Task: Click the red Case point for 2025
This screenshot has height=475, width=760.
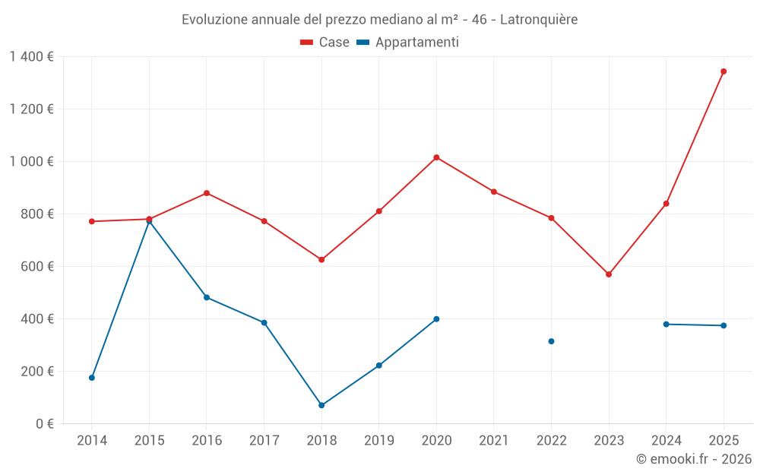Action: (724, 71)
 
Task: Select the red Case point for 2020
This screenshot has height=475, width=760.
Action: (436, 157)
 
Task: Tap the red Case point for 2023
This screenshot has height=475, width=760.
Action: (609, 274)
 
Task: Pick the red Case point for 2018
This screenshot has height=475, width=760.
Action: (321, 260)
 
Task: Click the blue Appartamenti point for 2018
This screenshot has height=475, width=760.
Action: (321, 405)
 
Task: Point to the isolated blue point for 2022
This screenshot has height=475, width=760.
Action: (551, 341)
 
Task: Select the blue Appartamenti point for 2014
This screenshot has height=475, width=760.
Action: (92, 378)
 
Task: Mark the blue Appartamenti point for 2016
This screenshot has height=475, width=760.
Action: (207, 297)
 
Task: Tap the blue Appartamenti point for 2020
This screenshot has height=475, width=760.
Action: (436, 319)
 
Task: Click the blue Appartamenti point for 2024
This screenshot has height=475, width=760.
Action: (666, 325)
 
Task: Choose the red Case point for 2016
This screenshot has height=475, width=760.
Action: (207, 193)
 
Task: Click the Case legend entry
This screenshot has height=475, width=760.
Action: (325, 43)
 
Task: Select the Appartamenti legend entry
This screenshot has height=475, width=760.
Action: (408, 43)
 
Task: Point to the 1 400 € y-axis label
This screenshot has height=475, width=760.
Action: (31, 57)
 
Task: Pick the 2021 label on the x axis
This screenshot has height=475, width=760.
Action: (494, 441)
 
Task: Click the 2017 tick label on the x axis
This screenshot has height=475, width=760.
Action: (264, 441)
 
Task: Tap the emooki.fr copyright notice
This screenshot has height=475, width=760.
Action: (693, 459)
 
